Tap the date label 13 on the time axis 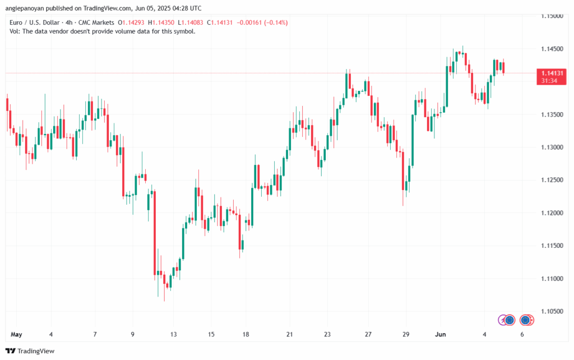(x=174, y=334)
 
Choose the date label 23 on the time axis (x=327, y=334)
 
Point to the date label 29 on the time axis (x=405, y=334)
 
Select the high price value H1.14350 (x=162, y=22)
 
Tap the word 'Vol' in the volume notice (x=14, y=31)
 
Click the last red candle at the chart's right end (x=503, y=67)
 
